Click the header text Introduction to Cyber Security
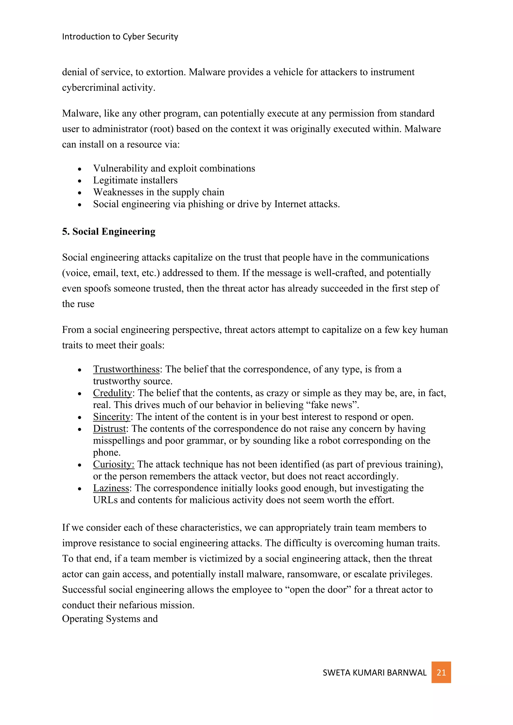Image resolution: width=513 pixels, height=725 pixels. coord(120,37)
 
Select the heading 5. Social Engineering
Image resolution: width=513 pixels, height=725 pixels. coord(109,232)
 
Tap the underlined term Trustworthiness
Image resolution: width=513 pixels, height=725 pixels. coord(126,369)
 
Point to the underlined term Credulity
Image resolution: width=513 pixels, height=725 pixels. coord(112,393)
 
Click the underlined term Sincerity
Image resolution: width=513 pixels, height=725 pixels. coord(111,417)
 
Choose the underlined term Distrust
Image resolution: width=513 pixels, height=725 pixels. coord(109,429)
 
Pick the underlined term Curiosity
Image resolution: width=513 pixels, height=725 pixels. coord(113,464)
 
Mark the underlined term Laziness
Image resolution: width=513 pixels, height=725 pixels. coord(111,488)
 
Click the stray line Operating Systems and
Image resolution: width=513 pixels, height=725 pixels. coord(110,619)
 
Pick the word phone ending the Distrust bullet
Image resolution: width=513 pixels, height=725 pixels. coord(106,452)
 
